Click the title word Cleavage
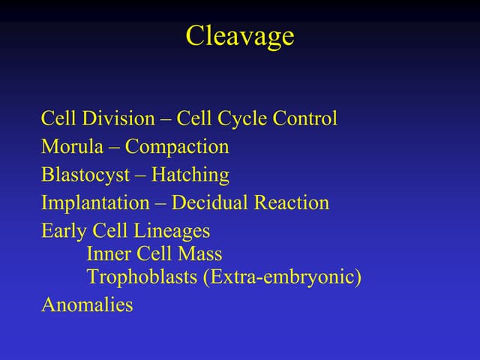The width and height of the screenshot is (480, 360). point(239,36)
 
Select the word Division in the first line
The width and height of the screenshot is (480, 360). point(107,118)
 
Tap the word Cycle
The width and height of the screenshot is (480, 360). point(245,118)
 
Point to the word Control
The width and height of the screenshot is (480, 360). point(307,118)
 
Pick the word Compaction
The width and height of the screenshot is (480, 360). point(177,147)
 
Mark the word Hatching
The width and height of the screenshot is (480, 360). point(190,175)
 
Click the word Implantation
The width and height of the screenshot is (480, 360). point(95,203)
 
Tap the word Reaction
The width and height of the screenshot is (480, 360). point(291,203)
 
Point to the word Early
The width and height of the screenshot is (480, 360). point(64,231)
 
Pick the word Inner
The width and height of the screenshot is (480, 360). point(108,254)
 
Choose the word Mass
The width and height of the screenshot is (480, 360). point(200,254)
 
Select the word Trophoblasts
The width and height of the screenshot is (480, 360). point(142,277)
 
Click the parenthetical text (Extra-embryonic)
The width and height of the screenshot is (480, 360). point(282,277)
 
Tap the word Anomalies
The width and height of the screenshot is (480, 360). point(87,304)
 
